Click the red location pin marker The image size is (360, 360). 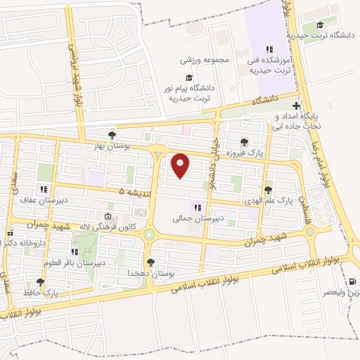coord(181,165)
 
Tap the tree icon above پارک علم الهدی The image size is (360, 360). coord(267,190)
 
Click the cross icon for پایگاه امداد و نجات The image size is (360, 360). coord(297,103)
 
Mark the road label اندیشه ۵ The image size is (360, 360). coord(133,191)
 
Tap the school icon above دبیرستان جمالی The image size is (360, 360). coord(198,207)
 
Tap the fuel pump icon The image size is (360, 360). coord(352,281)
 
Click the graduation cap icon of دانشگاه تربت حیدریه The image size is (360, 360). coord(321,25)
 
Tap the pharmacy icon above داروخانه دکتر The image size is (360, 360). coord(10,233)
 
